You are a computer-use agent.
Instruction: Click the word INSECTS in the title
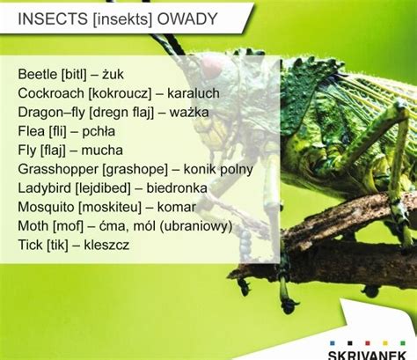(53, 18)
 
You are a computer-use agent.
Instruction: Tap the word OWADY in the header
(187, 18)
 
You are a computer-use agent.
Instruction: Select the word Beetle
(37, 74)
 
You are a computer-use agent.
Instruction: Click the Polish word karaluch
(194, 93)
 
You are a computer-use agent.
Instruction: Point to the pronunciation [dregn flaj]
(121, 113)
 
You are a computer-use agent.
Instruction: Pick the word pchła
(99, 132)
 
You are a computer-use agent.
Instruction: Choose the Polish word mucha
(102, 151)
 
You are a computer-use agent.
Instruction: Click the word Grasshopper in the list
(57, 170)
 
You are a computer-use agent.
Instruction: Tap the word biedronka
(177, 188)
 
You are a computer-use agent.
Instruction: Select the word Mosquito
(46, 208)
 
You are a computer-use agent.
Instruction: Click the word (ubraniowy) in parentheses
(196, 226)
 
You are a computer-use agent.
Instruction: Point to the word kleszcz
(106, 245)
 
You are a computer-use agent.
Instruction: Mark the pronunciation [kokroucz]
(120, 93)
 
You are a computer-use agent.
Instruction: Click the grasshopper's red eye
(211, 67)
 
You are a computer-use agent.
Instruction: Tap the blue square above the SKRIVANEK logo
(333, 343)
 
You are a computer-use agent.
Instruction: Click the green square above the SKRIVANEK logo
(403, 343)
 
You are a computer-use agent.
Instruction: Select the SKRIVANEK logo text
(367, 355)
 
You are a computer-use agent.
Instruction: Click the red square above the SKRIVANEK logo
(368, 343)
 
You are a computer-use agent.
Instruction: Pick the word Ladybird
(45, 188)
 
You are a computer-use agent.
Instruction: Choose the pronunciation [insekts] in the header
(122, 19)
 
